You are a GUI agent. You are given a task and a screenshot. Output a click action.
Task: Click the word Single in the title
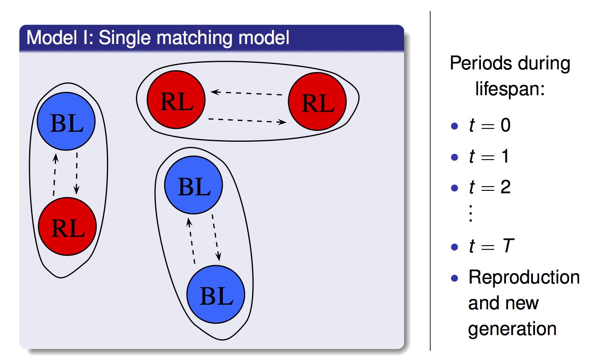click(x=125, y=38)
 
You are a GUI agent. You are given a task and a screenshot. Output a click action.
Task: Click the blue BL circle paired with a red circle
click(x=66, y=121)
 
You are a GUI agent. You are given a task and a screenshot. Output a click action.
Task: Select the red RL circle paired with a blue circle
click(x=67, y=226)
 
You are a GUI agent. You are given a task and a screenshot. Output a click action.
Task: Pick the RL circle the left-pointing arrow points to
click(x=176, y=99)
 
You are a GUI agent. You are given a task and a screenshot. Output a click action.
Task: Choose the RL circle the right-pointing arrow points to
click(x=317, y=101)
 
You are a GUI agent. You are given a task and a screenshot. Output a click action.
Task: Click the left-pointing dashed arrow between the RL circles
click(x=246, y=93)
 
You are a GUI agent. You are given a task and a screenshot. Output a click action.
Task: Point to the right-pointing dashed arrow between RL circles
click(x=247, y=121)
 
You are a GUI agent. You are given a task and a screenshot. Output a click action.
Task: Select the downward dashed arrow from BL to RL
click(x=77, y=173)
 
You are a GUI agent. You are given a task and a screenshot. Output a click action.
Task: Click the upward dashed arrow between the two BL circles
click(x=191, y=241)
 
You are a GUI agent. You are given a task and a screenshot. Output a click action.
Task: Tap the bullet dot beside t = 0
click(x=455, y=126)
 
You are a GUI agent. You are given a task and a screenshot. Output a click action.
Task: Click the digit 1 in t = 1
click(x=505, y=156)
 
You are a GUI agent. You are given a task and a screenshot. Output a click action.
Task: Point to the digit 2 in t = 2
click(x=505, y=187)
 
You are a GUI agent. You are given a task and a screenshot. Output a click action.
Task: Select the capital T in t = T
click(x=508, y=245)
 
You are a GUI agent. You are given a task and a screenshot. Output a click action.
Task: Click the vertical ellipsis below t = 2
click(x=471, y=213)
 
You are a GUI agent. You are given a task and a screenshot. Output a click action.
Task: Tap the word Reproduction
click(x=524, y=277)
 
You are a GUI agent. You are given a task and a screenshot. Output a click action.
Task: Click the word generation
click(x=513, y=329)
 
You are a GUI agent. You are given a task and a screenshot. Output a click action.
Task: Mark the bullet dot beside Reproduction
click(x=455, y=278)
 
